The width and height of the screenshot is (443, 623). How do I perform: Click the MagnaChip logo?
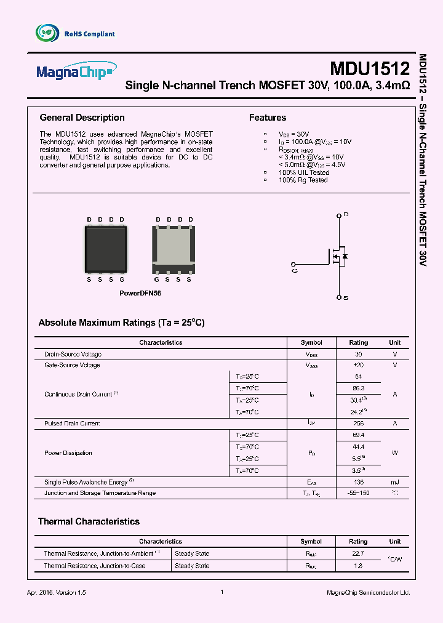coord(75,71)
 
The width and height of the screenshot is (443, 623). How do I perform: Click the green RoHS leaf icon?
coord(47,33)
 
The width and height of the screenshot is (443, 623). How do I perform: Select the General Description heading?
coord(82,118)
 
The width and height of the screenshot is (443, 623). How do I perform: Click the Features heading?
coord(267,118)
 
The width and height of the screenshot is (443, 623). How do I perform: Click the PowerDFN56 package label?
coord(140,294)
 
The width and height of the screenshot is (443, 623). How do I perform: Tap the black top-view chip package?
coord(105,249)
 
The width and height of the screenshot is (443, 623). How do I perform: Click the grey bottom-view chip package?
coord(174,249)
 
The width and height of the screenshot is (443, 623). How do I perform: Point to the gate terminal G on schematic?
coord(295,269)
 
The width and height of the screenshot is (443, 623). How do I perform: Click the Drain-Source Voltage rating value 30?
coord(358,355)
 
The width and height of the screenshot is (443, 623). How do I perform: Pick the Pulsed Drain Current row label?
coord(72,424)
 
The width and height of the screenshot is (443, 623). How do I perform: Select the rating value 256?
coord(358,424)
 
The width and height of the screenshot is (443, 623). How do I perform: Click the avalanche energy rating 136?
coord(358,483)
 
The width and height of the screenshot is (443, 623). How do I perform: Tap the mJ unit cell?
coord(394,483)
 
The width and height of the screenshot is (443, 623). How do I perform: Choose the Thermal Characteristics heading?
coord(89,521)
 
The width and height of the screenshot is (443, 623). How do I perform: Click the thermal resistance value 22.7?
coord(358,554)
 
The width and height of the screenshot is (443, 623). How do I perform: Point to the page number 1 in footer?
coord(221,592)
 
